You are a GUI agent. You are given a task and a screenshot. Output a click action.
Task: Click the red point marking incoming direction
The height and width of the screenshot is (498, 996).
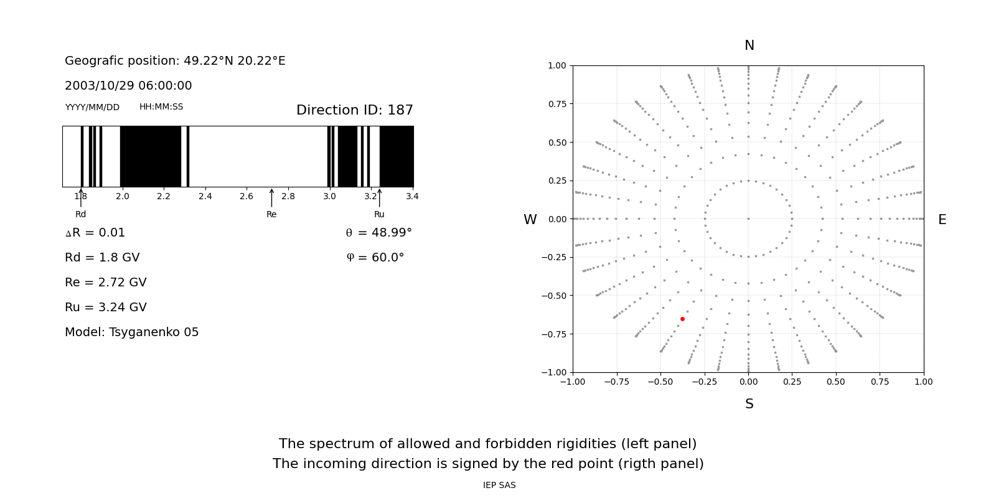pos(682,319)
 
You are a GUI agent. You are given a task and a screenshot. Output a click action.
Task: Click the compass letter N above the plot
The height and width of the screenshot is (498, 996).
pos(749,45)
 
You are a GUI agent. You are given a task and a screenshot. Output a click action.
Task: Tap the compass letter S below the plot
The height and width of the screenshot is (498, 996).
pos(749,404)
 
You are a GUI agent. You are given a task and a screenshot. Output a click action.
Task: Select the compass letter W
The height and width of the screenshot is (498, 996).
pos(530,220)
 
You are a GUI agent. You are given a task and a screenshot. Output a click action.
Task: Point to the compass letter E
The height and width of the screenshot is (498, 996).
pos(942,220)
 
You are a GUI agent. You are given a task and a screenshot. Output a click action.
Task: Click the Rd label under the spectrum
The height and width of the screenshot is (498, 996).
pos(81,215)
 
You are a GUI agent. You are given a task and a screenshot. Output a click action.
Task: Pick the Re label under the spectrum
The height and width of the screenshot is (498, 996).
pos(271,215)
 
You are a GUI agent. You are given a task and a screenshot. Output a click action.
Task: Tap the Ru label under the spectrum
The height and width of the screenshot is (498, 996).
pos(379,215)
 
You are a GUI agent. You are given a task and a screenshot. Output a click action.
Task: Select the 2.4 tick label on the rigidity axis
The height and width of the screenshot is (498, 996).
pos(205,197)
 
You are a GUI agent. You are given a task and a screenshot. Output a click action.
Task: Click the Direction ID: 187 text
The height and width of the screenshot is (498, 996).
pos(354,110)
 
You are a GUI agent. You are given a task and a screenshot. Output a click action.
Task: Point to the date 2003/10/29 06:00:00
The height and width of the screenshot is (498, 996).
pos(128,86)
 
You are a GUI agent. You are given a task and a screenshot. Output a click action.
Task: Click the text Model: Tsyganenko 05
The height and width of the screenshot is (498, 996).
pos(132,332)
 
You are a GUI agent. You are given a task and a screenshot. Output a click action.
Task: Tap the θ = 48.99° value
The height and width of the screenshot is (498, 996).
pos(378,233)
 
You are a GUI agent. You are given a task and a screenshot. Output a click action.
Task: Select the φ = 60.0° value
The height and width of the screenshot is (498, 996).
pos(375,258)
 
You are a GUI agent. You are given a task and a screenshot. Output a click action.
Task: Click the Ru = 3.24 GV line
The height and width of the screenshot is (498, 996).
pos(106,308)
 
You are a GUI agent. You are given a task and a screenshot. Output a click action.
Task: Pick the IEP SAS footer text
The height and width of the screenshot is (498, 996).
pos(499,486)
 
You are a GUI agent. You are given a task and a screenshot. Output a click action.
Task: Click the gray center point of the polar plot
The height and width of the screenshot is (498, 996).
pos(748,218)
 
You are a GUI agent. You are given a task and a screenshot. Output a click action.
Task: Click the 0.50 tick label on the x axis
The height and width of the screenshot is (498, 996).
pos(836,382)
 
